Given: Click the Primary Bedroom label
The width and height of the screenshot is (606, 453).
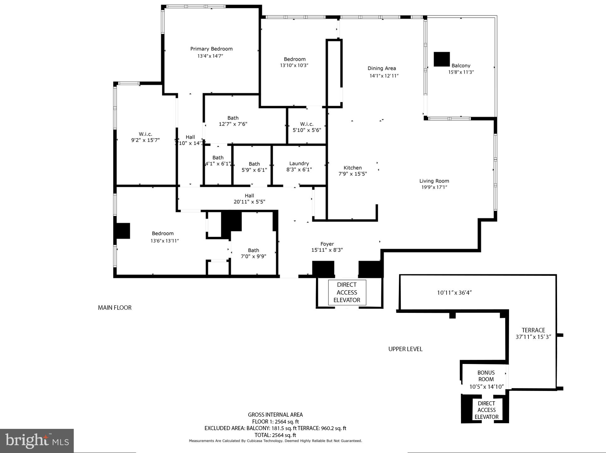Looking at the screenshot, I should [x=211, y=49].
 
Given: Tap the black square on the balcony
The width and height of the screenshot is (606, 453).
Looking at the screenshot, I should [x=442, y=59].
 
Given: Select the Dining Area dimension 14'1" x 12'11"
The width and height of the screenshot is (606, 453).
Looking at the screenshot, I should [x=384, y=76].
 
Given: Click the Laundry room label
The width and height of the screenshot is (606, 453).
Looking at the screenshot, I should [x=299, y=163].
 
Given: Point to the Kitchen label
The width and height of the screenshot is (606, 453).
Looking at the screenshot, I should [x=352, y=168].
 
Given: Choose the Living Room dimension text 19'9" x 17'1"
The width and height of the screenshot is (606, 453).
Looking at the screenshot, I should [x=434, y=187].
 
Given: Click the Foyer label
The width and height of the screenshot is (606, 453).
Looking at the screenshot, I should [x=327, y=244].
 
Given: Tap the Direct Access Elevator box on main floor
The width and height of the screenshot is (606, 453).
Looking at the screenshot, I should [x=347, y=292].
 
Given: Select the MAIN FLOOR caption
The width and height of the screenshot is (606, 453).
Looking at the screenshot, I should [x=115, y=308].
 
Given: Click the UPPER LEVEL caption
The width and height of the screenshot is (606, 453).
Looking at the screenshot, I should [x=405, y=349].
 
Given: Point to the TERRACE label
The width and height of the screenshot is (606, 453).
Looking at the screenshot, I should [x=533, y=330].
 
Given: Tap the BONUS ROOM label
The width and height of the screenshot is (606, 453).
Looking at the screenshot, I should [x=486, y=376].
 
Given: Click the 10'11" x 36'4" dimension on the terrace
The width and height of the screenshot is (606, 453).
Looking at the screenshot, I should [x=454, y=292].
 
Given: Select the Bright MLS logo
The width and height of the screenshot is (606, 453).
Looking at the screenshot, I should [x=37, y=441].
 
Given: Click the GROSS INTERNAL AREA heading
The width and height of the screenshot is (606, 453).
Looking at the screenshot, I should [x=275, y=415].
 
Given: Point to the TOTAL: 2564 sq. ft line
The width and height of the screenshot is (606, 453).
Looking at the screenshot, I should [x=275, y=435].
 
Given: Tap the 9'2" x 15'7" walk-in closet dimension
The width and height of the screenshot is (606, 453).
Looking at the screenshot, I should [x=145, y=140].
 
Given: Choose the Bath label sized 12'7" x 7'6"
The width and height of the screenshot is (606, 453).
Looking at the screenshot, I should [x=233, y=118].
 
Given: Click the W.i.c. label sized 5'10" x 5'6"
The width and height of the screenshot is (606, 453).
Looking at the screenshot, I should [x=307, y=124].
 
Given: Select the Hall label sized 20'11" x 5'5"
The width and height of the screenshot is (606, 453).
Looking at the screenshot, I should [x=249, y=196].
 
